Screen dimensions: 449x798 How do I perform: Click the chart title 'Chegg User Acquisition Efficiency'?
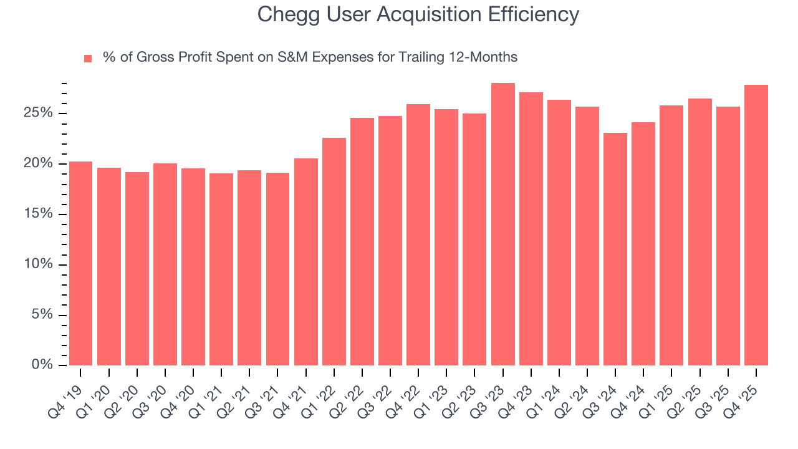(x=418, y=14)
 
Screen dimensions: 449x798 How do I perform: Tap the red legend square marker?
(x=88, y=58)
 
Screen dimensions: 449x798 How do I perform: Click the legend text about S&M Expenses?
(x=310, y=57)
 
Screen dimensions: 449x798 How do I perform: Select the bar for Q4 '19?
(x=80, y=263)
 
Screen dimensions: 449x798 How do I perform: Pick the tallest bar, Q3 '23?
(x=502, y=224)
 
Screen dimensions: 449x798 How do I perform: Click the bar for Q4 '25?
(x=756, y=225)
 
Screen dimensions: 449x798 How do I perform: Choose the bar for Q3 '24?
(x=615, y=249)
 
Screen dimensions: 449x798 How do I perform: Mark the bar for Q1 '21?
(x=221, y=269)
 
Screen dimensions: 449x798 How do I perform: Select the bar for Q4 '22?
(x=418, y=234)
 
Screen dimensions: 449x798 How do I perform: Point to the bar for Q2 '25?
(x=699, y=232)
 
